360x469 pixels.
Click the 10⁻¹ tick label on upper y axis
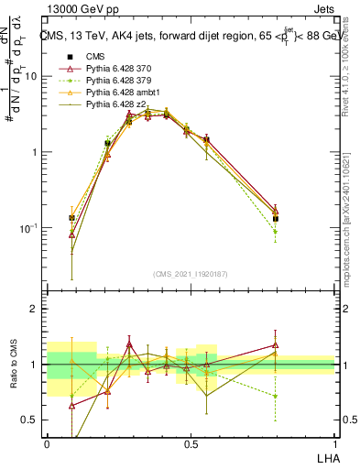tap(31, 227)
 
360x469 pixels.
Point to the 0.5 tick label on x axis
tap(191, 443)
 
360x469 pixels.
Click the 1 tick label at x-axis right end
tap(334, 443)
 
